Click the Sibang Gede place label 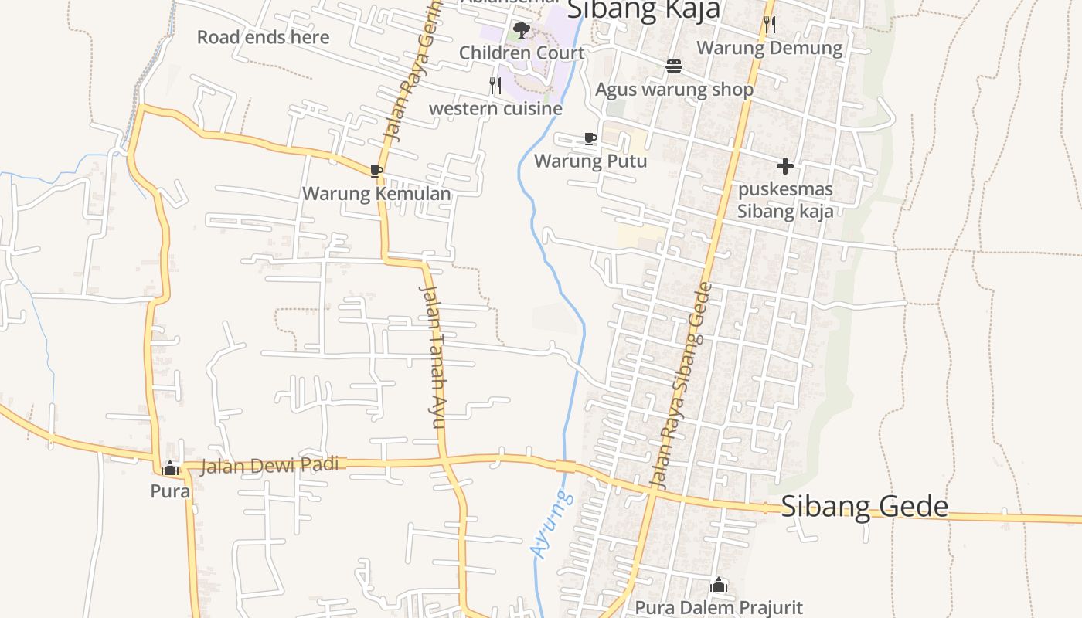(864, 506)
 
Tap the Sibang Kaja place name (644, 9)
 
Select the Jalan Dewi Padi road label (270, 465)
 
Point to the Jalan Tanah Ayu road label (434, 355)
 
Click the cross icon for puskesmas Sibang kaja (785, 166)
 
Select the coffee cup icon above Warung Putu (590, 139)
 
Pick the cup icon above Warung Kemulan (376, 171)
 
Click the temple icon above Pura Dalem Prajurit (719, 585)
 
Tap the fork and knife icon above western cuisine (495, 85)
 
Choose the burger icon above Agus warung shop (674, 66)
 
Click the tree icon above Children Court (522, 30)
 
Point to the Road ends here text (263, 37)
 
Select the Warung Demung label (769, 48)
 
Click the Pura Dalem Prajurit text (719, 608)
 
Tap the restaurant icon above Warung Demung (769, 25)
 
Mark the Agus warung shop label (674, 90)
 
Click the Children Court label (522, 53)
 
